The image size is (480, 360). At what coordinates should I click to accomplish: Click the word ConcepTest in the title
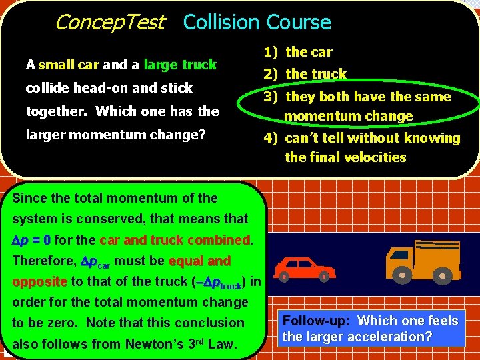click(x=109, y=23)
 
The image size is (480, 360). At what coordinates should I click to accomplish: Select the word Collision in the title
click(x=221, y=23)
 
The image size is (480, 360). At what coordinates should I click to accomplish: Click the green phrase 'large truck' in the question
click(x=180, y=65)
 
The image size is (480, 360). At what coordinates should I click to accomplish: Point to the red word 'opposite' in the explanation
click(x=39, y=281)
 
